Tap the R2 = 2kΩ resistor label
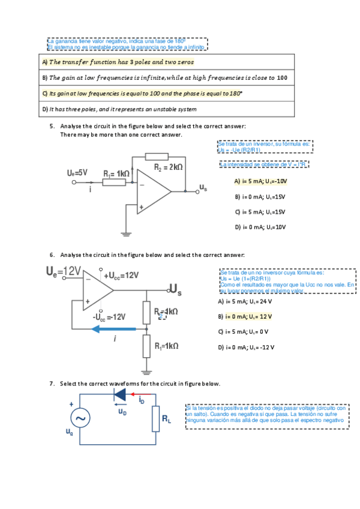(x=168, y=167)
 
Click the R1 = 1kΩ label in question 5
(x=116, y=173)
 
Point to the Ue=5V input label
(x=77, y=172)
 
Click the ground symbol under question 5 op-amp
(x=127, y=232)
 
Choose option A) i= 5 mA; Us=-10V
(x=260, y=181)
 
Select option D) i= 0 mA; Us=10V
(x=260, y=227)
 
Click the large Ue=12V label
(x=63, y=272)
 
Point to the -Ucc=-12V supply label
(x=109, y=316)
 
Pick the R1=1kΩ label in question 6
(x=166, y=346)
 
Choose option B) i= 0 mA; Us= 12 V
(x=245, y=316)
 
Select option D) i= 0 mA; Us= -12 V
(x=247, y=347)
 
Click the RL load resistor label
(x=166, y=420)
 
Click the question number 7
(x=52, y=384)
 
